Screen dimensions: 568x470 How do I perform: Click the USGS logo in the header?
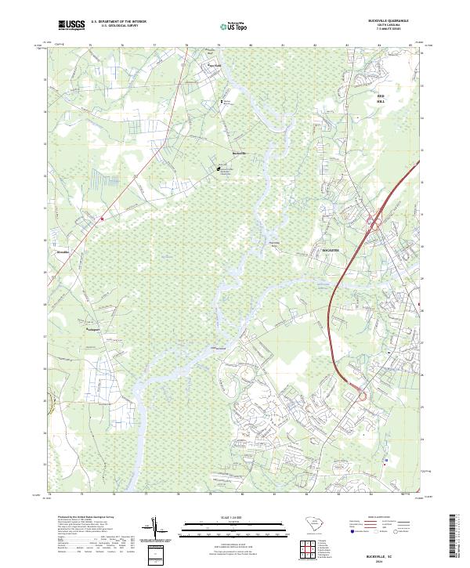tap(72, 26)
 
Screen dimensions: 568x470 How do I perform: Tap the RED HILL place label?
tap(381, 99)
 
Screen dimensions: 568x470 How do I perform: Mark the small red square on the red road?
tap(102, 219)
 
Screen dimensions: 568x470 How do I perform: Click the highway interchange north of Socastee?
tap(374, 225)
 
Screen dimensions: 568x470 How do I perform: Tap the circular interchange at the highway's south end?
tap(363, 396)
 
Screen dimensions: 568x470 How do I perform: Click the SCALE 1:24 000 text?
tap(234, 517)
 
